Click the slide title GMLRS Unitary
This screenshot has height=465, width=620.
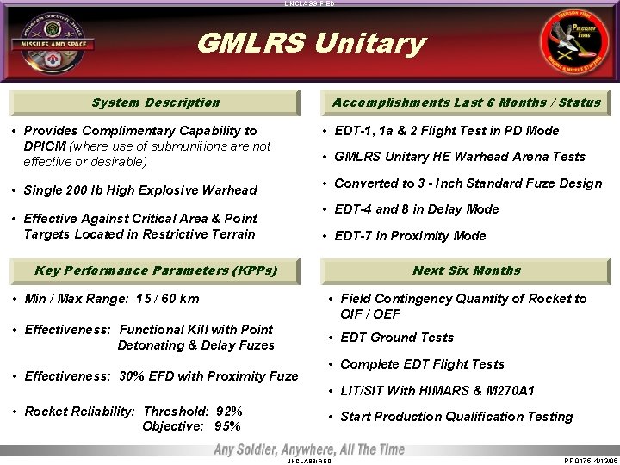click(x=311, y=43)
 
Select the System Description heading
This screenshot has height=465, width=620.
click(x=156, y=102)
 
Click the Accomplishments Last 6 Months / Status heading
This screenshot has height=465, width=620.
click(x=466, y=102)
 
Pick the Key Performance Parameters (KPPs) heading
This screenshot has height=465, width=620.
click(x=156, y=270)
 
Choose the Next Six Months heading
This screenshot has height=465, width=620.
click(x=466, y=270)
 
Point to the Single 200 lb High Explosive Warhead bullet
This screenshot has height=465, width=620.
click(x=140, y=190)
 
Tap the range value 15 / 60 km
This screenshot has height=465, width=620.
click(x=158, y=299)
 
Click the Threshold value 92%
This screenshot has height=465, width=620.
click(x=228, y=412)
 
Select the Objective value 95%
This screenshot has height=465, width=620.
click(x=228, y=426)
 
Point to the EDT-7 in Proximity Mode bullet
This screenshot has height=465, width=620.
click(x=410, y=236)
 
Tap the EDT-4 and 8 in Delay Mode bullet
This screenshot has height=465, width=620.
click(x=416, y=209)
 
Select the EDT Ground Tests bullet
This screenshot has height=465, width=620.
click(x=397, y=338)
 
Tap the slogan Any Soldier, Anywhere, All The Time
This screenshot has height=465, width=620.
click(x=309, y=450)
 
